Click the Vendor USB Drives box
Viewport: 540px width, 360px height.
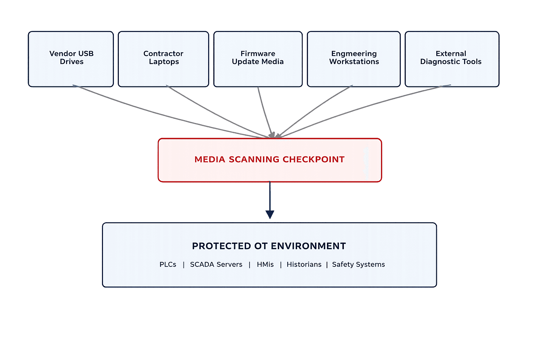71,59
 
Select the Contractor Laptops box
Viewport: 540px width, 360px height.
163,59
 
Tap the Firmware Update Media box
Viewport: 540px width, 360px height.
258,59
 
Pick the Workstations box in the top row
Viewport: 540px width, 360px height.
354,59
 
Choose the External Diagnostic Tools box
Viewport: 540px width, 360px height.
452,59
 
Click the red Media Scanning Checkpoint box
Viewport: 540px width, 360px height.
270,160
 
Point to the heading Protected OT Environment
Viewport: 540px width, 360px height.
269,246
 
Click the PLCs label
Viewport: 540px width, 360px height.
168,264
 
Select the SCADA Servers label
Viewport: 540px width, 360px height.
216,264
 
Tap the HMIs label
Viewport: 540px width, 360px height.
265,264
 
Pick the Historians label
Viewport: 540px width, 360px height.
304,264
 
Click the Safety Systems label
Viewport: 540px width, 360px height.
359,264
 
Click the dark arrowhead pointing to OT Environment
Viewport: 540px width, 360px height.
270,214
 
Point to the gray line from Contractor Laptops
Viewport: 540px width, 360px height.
218,112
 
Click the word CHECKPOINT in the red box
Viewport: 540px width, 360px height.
314,159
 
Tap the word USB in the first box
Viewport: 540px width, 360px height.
86,53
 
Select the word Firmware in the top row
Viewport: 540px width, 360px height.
258,53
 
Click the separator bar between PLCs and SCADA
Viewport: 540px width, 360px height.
184,265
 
